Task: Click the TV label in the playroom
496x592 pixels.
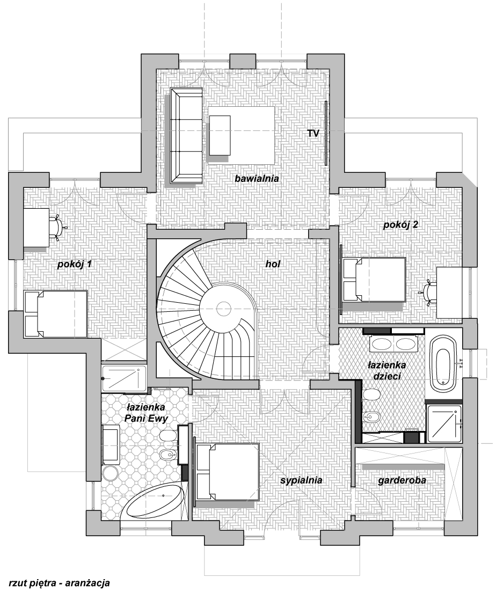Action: click(x=313, y=133)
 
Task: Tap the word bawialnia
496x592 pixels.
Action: click(x=257, y=178)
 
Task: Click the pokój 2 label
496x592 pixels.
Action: click(x=400, y=225)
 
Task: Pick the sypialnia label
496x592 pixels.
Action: click(x=301, y=481)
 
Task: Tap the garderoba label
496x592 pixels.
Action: click(x=402, y=481)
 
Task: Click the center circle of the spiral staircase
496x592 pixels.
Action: click(x=223, y=308)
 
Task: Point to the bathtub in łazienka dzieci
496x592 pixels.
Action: click(x=443, y=361)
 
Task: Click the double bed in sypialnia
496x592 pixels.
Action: click(x=228, y=471)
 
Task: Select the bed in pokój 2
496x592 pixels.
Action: click(x=374, y=280)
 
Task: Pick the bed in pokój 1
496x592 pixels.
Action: click(x=56, y=315)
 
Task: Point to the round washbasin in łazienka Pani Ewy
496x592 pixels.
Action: click(x=112, y=473)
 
